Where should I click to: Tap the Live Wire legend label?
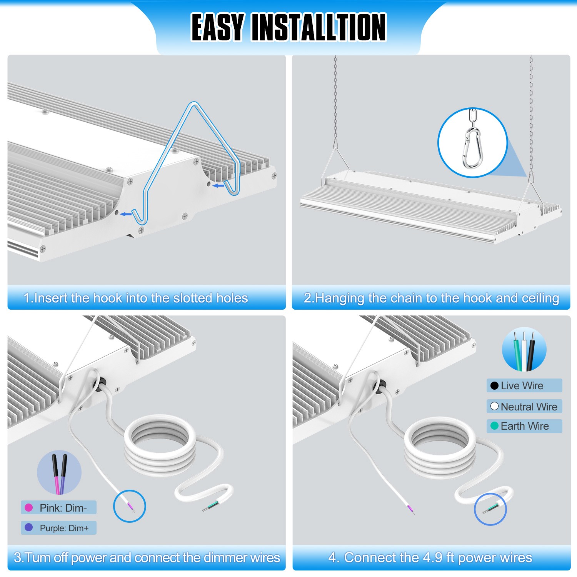pyautogui.click(x=522, y=385)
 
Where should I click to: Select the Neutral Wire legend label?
pyautogui.click(x=529, y=407)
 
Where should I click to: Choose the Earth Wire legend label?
pyautogui.click(x=525, y=426)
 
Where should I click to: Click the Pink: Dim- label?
pyautogui.click(x=63, y=508)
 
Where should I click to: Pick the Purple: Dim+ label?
pyautogui.click(x=64, y=528)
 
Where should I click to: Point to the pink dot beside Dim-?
pyautogui.click(x=28, y=508)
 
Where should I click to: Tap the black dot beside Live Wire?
pyautogui.click(x=494, y=386)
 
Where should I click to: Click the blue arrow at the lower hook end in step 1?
pyautogui.click(x=126, y=214)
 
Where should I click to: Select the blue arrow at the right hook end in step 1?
pyautogui.click(x=218, y=186)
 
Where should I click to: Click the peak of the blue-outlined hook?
pyautogui.click(x=194, y=104)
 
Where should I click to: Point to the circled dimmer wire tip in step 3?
pyautogui.click(x=130, y=507)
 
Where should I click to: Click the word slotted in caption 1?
pyautogui.click(x=193, y=298)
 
